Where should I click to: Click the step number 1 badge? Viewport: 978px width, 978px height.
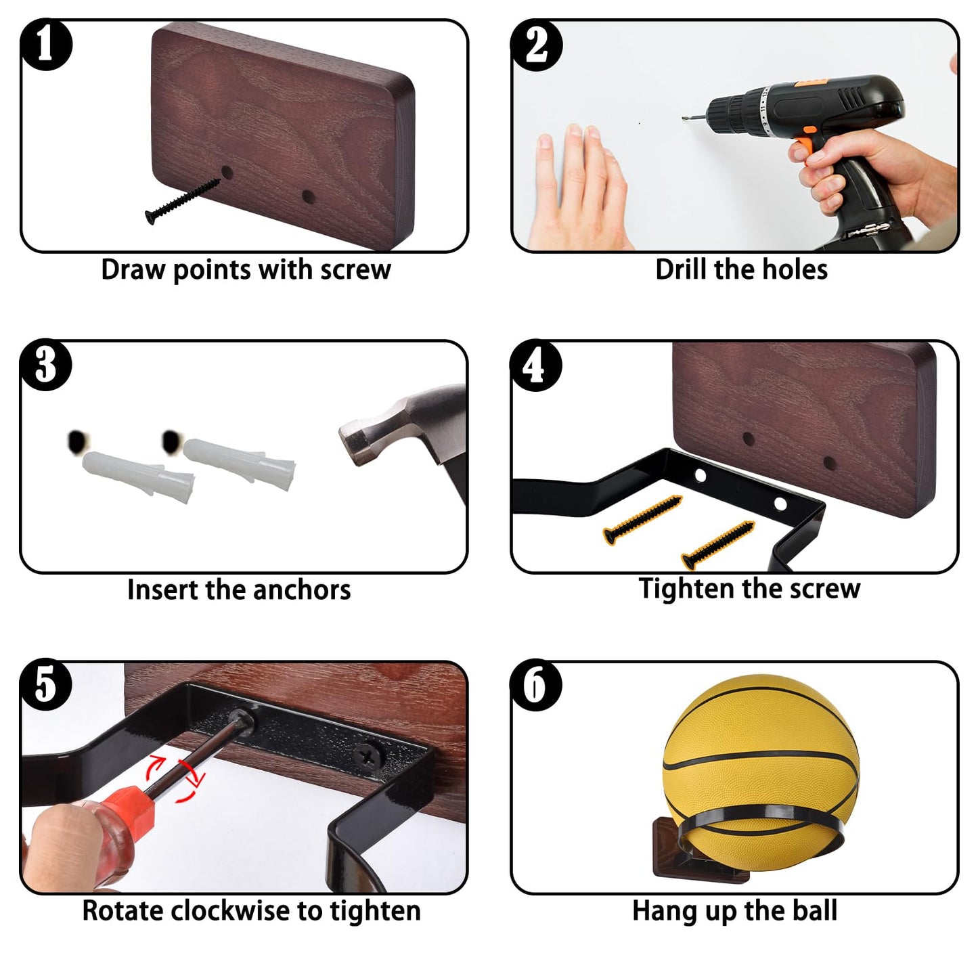pos(46,44)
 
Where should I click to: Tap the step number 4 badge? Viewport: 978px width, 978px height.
pos(536,365)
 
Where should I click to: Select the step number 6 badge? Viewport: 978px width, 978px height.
pos(536,685)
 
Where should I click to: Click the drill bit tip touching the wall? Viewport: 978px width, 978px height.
pos(684,118)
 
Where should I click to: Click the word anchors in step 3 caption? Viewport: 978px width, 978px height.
pos(301,590)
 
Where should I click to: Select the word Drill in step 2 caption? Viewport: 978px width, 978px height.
pos(682,269)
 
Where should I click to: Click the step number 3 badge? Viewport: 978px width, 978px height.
pos(46,365)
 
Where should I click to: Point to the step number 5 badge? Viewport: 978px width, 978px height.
pos(46,685)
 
